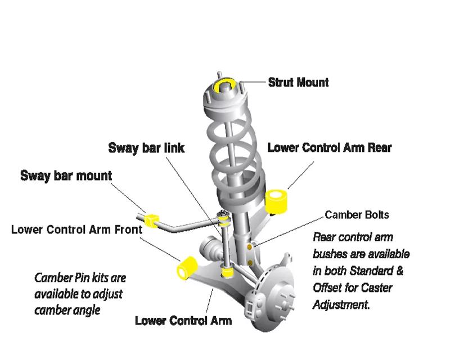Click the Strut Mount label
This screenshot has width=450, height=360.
(298, 82)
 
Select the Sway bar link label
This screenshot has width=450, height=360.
(146, 148)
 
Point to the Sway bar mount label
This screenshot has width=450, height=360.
(66, 175)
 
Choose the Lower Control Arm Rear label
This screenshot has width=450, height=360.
(330, 147)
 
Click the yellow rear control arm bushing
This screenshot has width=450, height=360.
(276, 201)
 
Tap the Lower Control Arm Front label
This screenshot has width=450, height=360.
(76, 229)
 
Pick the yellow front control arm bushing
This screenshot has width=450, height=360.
(187, 268)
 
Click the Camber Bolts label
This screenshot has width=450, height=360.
(357, 215)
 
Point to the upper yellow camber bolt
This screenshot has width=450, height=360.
(250, 247)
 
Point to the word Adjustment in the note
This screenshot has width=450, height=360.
(340, 304)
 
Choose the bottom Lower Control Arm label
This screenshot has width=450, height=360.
(183, 321)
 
